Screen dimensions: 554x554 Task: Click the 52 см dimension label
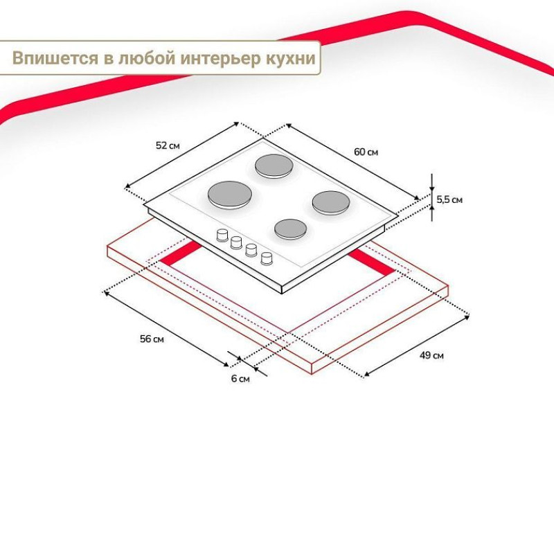click(x=168, y=145)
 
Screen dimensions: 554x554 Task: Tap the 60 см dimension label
click(x=366, y=152)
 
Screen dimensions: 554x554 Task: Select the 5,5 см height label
click(x=449, y=199)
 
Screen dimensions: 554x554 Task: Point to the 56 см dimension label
click(x=152, y=339)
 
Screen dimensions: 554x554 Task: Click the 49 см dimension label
click(x=431, y=355)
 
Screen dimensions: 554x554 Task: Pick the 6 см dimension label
click(x=240, y=379)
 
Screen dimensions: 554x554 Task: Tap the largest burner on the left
click(x=230, y=195)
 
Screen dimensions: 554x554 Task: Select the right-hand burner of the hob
click(x=331, y=203)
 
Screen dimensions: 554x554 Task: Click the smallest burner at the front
click(x=290, y=229)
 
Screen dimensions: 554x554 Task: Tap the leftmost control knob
click(x=222, y=235)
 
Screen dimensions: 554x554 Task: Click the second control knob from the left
click(x=236, y=242)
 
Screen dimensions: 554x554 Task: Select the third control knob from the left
click(x=251, y=250)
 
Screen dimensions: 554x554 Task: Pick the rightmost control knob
click(x=267, y=258)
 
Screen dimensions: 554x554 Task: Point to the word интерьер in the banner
click(x=220, y=59)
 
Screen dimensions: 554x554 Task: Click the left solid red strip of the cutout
click(x=181, y=253)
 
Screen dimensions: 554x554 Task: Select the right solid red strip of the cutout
click(x=372, y=262)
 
